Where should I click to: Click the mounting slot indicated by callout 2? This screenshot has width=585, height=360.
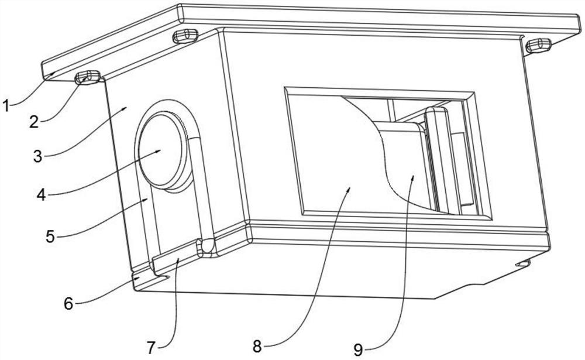point(88,77)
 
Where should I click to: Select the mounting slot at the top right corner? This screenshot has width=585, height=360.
point(538,44)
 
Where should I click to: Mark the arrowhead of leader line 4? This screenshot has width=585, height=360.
point(161,150)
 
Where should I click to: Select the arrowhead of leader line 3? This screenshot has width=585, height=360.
point(126,108)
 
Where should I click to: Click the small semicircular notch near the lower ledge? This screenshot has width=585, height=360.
point(205,248)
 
